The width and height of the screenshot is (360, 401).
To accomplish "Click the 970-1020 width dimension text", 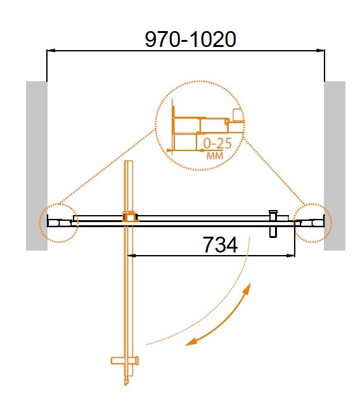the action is pos(190,39).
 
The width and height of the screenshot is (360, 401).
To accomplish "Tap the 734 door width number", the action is pos(220,245).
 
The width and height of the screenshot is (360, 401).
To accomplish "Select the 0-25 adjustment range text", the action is pos(217,143).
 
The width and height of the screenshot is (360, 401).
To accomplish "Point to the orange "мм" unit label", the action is pos(215,155).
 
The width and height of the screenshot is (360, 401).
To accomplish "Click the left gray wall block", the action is pos(37,166).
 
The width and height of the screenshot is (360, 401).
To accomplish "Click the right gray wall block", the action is pos(335,166).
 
